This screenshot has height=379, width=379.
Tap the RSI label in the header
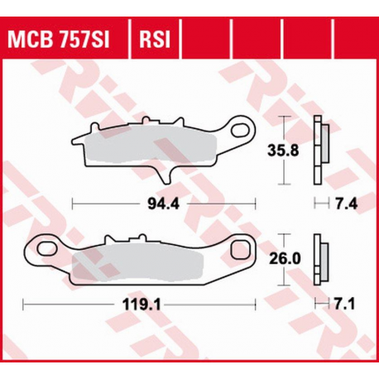coord(155,38)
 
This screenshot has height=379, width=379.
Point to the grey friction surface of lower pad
coord(141,264)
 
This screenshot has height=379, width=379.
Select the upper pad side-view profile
coord(320,151)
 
